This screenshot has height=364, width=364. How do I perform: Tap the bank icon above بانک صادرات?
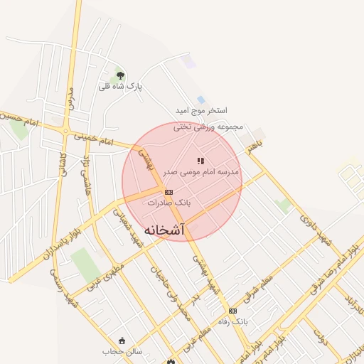168,192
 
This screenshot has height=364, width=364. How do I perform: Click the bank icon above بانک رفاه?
232,311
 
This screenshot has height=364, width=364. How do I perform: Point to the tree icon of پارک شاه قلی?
119,75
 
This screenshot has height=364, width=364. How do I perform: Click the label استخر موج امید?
202,111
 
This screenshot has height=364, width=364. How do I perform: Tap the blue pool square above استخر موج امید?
200,100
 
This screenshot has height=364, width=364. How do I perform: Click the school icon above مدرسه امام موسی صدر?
200,161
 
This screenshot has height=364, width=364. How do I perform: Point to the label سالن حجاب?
122,351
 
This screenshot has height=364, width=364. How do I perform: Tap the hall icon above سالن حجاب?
122,341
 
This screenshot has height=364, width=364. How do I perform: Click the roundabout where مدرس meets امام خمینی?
66,130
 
